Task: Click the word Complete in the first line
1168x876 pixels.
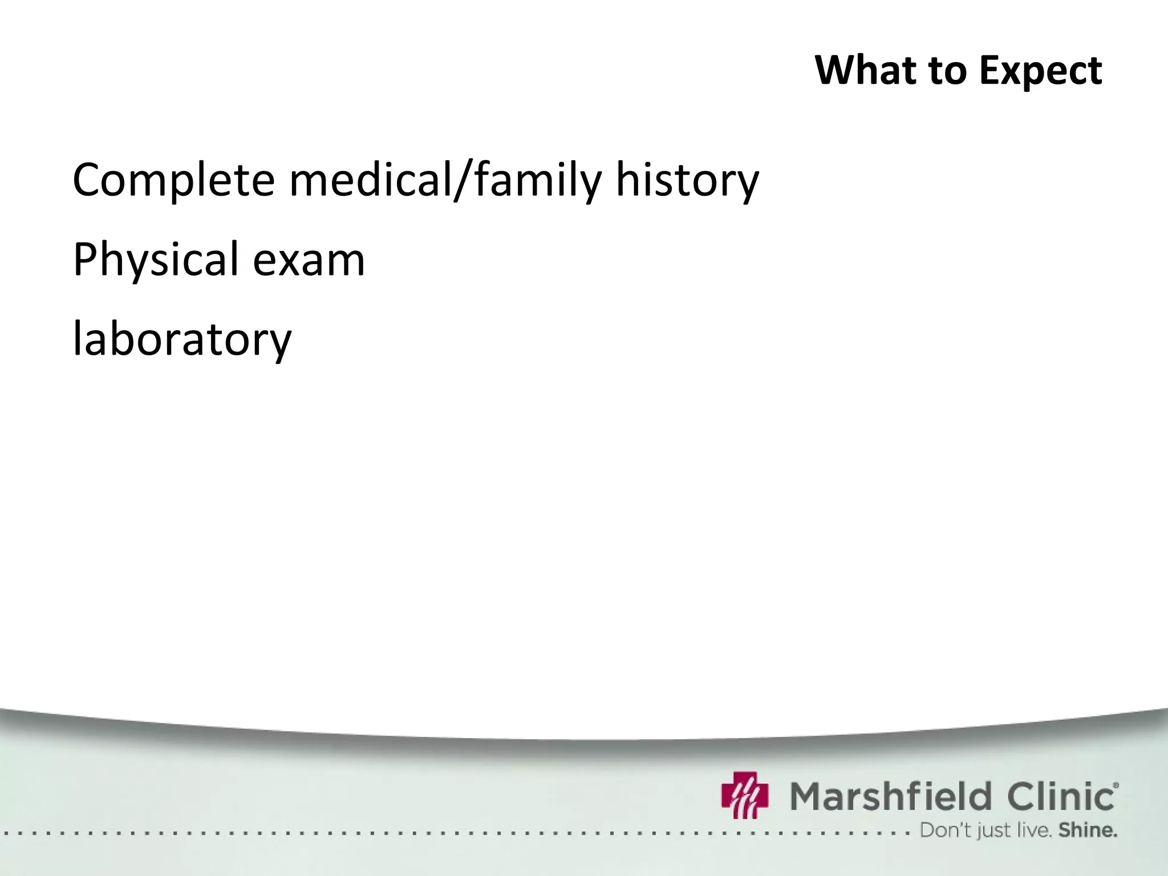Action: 174,181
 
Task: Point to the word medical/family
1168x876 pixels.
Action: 445,181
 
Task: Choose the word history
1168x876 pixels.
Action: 687,181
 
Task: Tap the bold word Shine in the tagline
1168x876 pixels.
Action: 1088,830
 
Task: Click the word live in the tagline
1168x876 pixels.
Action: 1034,830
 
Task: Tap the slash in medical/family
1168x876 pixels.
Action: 463,181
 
